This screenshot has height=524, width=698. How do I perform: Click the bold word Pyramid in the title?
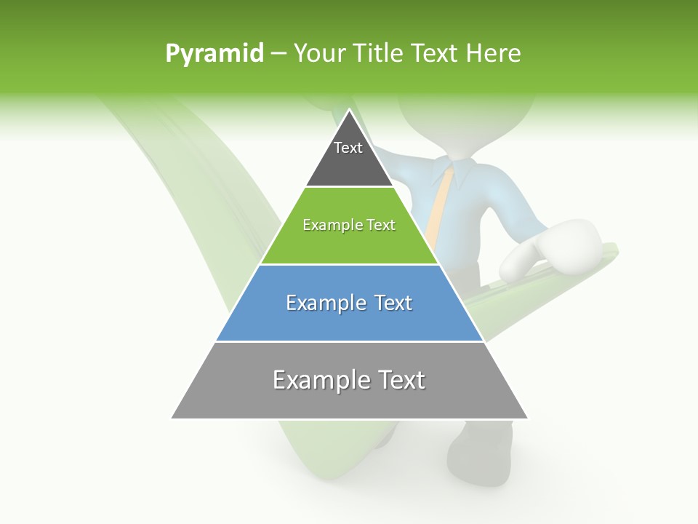pyautogui.click(x=214, y=54)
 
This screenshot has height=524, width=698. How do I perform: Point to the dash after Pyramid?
pyautogui.click(x=278, y=54)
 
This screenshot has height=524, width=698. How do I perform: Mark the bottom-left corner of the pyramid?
pyautogui.click(x=172, y=418)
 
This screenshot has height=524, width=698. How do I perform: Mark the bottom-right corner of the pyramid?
pyautogui.click(x=527, y=418)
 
